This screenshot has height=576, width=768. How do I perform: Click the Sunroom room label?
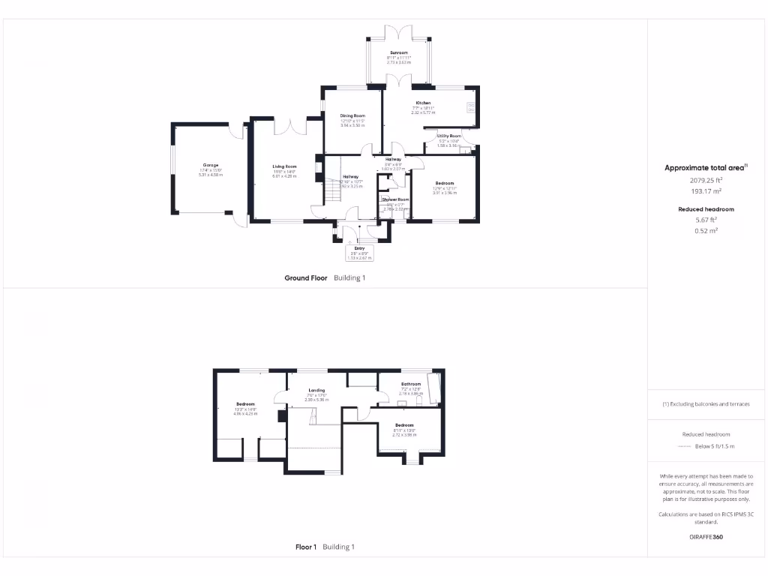pos(398,52)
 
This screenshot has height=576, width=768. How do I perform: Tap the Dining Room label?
pos(352,115)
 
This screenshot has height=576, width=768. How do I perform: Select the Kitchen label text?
pos(423,103)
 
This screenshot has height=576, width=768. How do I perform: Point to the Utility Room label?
pos(449,136)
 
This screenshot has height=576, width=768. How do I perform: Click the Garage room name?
pos(210,165)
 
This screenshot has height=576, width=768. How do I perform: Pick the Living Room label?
pos(284,166)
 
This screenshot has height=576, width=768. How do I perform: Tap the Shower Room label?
pos(394,199)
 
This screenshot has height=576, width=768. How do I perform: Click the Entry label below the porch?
pos(359,248)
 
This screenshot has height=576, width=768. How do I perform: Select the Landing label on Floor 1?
pos(317,390)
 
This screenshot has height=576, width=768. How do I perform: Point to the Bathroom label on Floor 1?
pos(411,385)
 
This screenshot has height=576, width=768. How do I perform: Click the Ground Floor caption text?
pos(306,277)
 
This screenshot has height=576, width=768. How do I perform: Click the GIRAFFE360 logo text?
pos(706,537)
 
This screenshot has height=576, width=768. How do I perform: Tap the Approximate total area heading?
pos(704,168)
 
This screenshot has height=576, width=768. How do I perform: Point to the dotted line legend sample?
pos(682,446)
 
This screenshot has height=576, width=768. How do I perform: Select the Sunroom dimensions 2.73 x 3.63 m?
pos(398,62)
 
